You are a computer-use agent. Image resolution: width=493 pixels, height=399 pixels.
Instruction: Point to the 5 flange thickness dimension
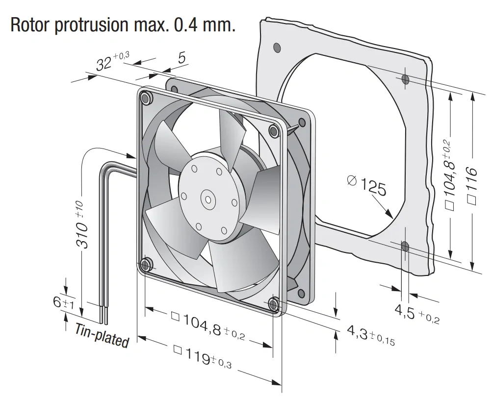182,57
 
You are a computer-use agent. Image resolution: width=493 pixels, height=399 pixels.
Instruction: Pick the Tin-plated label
102,335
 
